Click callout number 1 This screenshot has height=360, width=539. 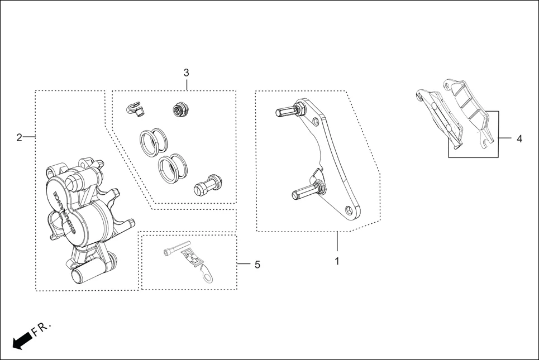337,261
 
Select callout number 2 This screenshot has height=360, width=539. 19,137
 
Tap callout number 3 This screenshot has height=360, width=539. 186,73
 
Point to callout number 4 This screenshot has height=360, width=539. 519,138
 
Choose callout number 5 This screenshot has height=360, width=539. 257,265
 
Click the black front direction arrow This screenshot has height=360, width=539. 21,340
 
